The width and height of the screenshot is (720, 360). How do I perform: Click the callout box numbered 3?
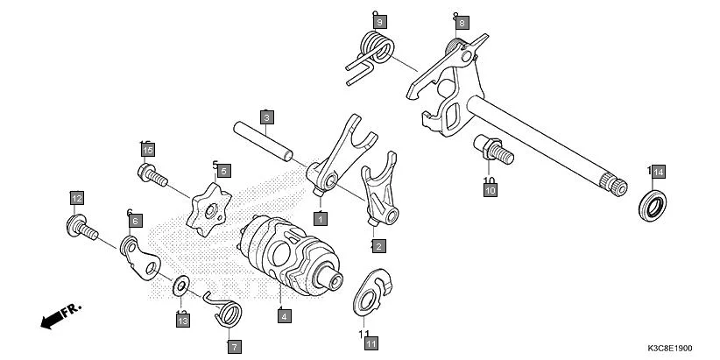pos(267,116)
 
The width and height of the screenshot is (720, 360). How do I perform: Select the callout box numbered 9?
pos(379,21)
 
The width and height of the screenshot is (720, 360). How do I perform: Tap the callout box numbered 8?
pos(462,22)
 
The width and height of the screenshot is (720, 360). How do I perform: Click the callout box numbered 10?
pos(490,189)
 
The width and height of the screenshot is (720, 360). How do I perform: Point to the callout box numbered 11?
pos(371,343)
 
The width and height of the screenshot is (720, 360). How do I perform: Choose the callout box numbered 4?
pos(284,316)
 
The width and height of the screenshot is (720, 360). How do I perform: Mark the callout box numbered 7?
pos(234,347)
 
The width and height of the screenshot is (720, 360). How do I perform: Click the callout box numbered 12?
pos(77,197)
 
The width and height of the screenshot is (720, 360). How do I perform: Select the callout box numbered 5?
pos(223,171)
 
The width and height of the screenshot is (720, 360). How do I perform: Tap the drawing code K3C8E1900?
pos(676,348)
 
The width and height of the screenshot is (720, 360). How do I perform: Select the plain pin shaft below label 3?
pos(266,141)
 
